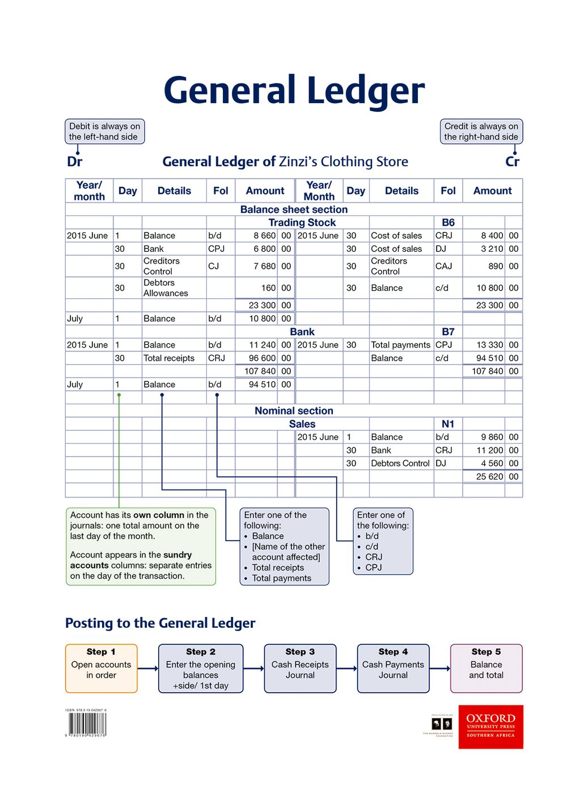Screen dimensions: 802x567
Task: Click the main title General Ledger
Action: tap(294, 91)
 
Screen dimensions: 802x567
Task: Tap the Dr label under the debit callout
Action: tap(74, 162)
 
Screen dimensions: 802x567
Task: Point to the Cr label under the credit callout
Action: tap(512, 162)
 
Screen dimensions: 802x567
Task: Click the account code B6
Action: tap(448, 222)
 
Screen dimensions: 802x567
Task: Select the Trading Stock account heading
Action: tap(302, 222)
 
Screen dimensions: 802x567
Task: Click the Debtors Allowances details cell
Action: tap(165, 288)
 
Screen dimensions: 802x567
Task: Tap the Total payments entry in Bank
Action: tap(400, 345)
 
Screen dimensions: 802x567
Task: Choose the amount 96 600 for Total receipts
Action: tap(262, 358)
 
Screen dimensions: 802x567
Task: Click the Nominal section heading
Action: tap(294, 411)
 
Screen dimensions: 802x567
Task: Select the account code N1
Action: tap(448, 424)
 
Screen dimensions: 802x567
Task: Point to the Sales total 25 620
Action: tap(489, 476)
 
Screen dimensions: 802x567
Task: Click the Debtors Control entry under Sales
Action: tap(400, 463)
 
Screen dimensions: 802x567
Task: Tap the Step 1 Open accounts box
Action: tap(101, 668)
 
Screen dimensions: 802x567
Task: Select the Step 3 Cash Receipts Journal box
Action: tap(300, 668)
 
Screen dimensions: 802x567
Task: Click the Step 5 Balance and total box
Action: tap(486, 668)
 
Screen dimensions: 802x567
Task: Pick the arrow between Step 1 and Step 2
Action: tap(148, 668)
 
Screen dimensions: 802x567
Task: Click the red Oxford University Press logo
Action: tap(490, 727)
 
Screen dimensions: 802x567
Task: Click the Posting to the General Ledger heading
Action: tap(160, 623)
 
